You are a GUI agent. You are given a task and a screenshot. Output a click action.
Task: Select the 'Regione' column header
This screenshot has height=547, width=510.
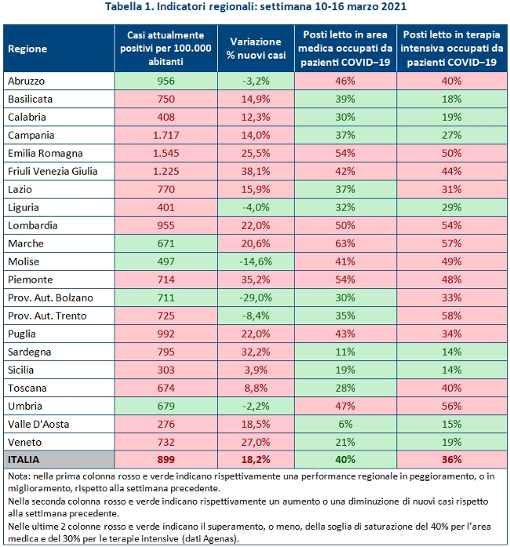tap(27, 49)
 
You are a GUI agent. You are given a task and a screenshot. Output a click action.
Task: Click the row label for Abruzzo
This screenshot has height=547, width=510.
tap(27, 81)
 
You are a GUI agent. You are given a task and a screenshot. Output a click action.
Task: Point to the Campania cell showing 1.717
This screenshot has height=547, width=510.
tap(166, 134)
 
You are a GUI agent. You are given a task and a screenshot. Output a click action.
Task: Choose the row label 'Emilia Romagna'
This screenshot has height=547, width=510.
tap(45, 153)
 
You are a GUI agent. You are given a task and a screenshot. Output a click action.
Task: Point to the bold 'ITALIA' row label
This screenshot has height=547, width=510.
tap(24, 459)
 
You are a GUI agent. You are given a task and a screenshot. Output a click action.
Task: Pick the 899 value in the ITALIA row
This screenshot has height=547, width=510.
tap(166, 459)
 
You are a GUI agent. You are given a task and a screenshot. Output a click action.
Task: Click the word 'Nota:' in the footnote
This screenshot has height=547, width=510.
tap(20, 476)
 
